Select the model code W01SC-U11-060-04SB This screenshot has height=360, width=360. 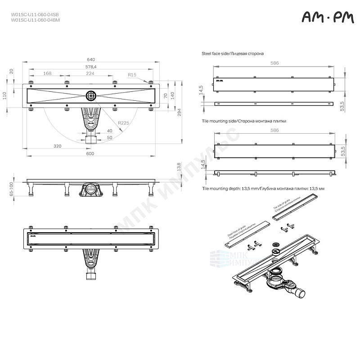tap(35, 14)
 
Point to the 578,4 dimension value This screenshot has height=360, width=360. tap(91, 67)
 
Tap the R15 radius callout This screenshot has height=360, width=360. tap(132, 74)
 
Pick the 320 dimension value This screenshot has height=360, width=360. tap(58, 146)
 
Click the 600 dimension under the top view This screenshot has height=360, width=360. tap(90, 154)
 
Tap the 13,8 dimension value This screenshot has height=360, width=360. tap(179, 167)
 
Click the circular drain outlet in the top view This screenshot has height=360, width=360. tap(90, 95)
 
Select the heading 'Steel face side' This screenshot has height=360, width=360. tap(232, 53)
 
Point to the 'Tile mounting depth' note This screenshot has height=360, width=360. tap(263, 189)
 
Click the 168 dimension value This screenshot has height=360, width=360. tap(47, 73)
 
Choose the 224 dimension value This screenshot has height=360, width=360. tap(90, 73)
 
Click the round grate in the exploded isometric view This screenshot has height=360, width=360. tap(276, 245)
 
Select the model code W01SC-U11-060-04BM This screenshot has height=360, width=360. tap(35, 20)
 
